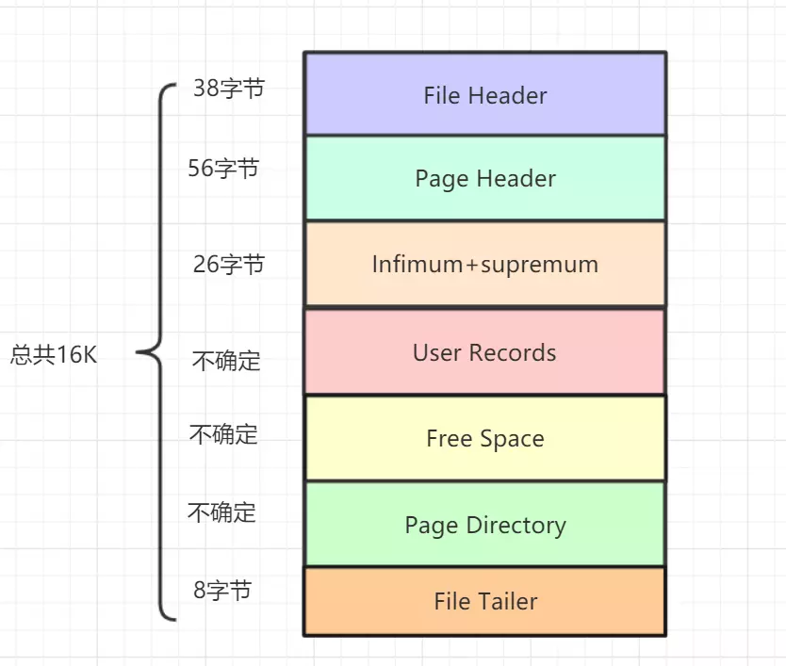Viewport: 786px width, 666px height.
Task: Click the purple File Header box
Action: click(x=484, y=94)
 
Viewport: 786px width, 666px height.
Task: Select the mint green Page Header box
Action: click(x=484, y=179)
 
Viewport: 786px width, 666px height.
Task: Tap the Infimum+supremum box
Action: click(x=484, y=264)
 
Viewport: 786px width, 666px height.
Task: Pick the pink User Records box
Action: click(x=484, y=352)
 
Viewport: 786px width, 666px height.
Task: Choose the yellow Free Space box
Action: click(x=484, y=439)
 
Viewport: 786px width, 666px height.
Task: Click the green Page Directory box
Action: click(x=484, y=525)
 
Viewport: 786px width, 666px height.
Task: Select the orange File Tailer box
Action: click(x=484, y=601)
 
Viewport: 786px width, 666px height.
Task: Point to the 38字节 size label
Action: click(x=228, y=89)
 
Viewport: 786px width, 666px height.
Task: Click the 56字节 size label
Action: click(x=223, y=169)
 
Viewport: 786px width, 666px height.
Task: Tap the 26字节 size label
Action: click(x=228, y=265)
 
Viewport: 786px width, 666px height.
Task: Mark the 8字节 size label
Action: click(x=222, y=591)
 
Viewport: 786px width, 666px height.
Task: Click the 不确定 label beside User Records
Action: click(x=226, y=361)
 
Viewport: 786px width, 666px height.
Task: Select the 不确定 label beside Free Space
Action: click(x=223, y=434)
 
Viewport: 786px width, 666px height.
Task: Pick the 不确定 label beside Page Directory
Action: click(x=221, y=512)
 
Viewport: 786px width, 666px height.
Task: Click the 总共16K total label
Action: click(x=54, y=355)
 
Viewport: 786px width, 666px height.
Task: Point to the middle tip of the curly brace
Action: click(x=139, y=353)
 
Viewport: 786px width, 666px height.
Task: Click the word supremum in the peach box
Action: click(x=539, y=265)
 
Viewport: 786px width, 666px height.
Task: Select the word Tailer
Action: click(x=507, y=601)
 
